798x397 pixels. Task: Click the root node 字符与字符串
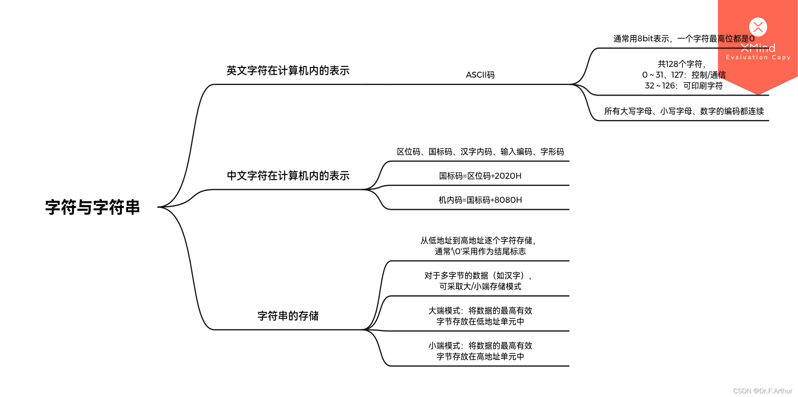[x=92, y=207]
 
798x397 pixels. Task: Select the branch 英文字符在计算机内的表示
[x=288, y=70]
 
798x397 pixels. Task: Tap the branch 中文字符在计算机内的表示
[x=288, y=175]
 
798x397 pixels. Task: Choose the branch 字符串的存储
[x=288, y=316]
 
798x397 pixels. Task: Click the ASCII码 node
[x=480, y=75]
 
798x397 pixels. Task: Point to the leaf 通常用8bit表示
[x=684, y=39]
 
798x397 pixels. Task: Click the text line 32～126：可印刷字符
[x=684, y=86]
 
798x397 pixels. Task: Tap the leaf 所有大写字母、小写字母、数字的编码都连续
[x=684, y=111]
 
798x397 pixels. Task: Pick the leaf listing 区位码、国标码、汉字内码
[x=480, y=152]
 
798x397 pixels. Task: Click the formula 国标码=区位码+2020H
[x=480, y=176]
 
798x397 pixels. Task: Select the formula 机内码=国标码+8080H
[x=480, y=200]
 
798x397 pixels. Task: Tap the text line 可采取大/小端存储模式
[x=480, y=286]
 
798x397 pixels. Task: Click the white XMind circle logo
[x=758, y=27]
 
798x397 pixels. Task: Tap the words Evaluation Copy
[x=758, y=57]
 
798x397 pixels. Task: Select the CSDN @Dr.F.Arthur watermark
[x=762, y=391]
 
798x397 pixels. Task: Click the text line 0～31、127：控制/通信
[x=684, y=75]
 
